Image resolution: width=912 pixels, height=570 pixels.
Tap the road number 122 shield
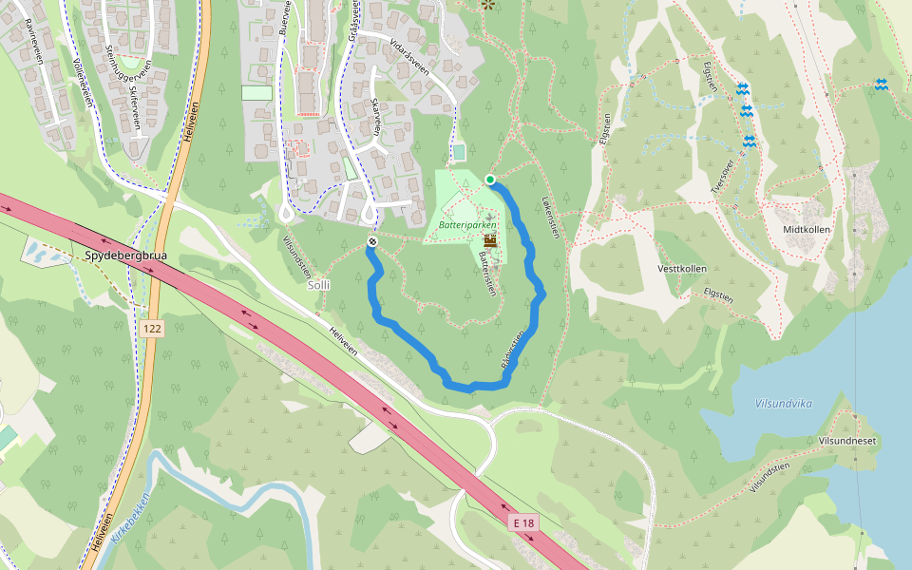[151, 328]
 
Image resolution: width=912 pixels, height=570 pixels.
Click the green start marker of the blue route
[490, 180]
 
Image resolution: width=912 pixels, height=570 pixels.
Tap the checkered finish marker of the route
[372, 242]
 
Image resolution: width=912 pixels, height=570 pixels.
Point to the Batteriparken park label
[467, 225]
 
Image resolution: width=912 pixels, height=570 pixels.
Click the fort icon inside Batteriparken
[490, 239]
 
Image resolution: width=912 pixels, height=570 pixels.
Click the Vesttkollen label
[681, 269]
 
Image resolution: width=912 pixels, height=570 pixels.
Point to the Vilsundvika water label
[784, 403]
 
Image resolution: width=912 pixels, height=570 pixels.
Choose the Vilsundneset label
[846, 442]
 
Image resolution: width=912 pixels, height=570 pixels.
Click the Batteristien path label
[487, 274]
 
